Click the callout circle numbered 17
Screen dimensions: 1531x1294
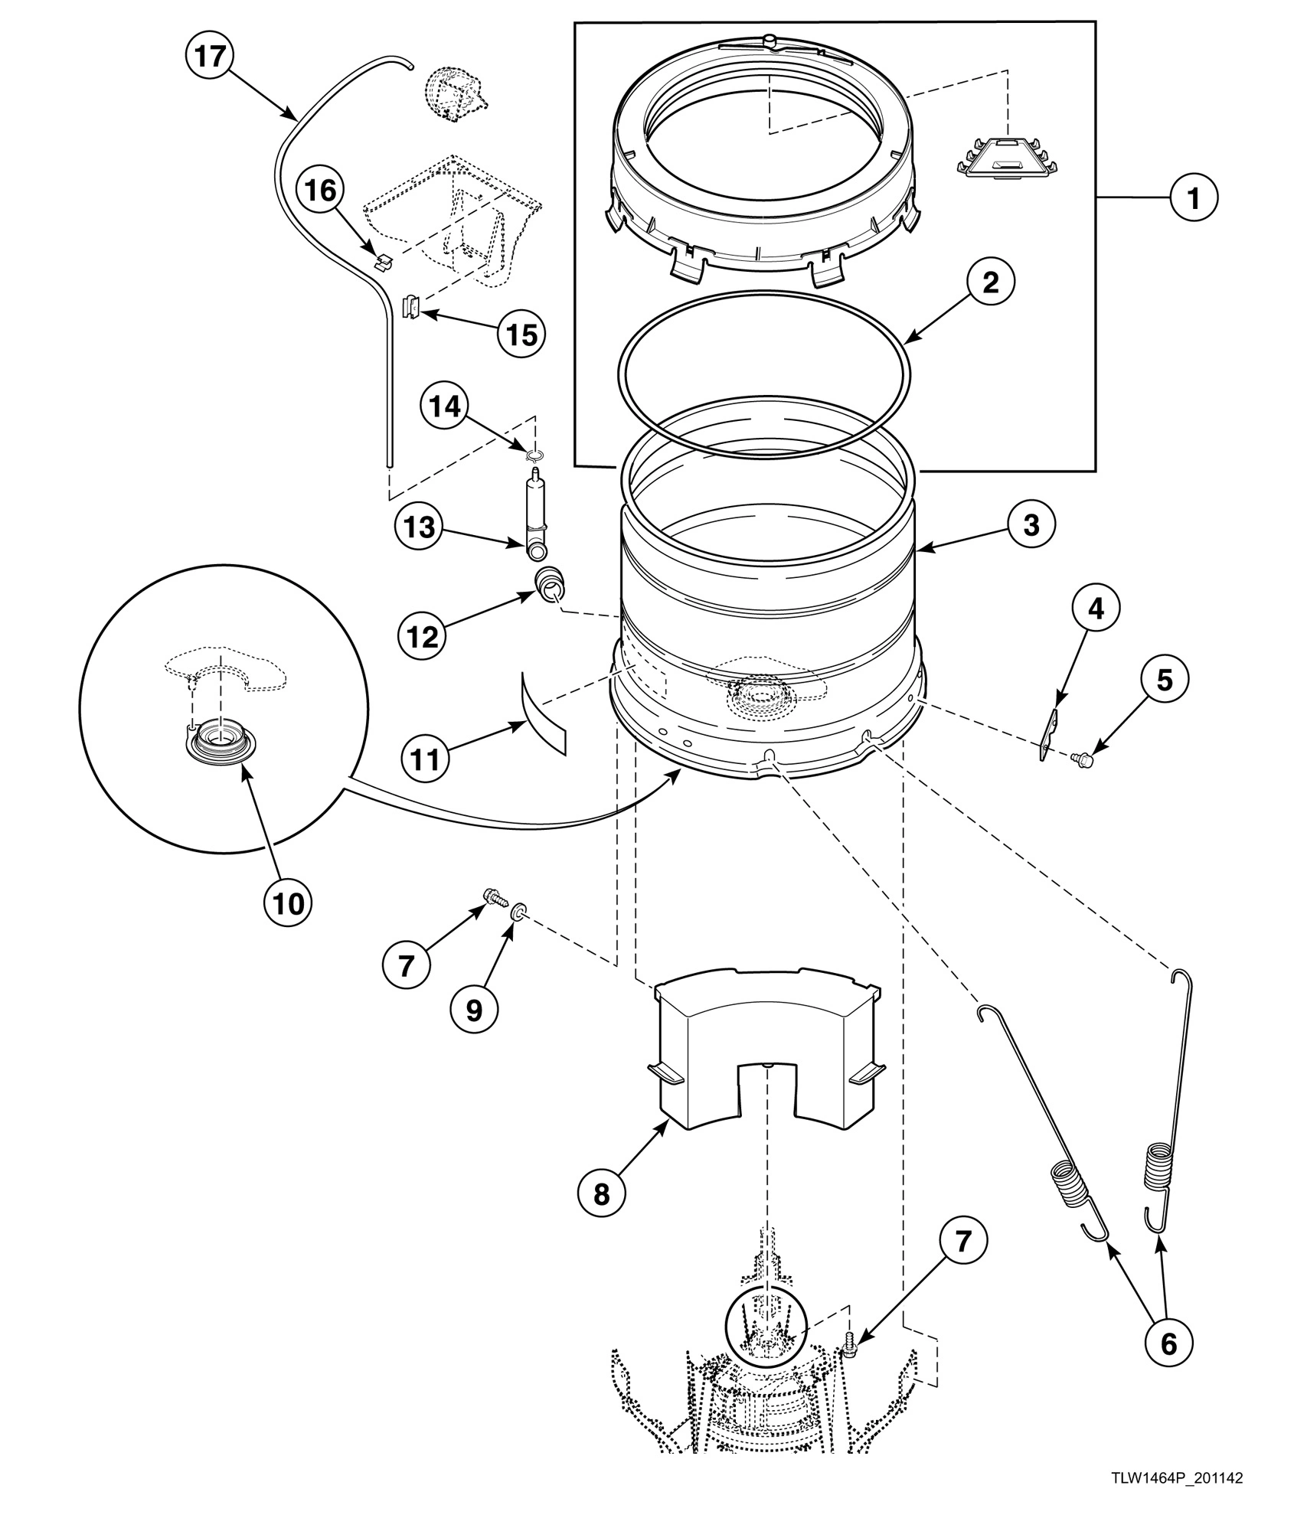208,57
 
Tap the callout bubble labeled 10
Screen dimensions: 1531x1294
288,903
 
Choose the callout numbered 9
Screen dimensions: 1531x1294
474,1010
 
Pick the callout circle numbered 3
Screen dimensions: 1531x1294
1031,525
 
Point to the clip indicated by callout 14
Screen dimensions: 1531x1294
535,457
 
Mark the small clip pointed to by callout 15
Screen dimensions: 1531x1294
411,308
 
